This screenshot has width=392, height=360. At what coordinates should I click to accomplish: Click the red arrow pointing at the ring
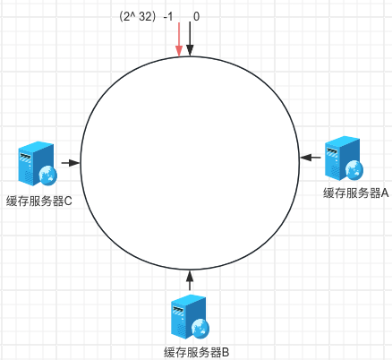[x=179, y=39]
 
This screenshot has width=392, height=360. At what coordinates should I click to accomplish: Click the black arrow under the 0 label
[x=190, y=39]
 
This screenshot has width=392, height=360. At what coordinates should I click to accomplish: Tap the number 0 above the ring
[x=196, y=17]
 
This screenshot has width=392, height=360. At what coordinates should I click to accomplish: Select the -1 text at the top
[x=168, y=17]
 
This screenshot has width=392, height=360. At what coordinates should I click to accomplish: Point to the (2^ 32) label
[x=138, y=17]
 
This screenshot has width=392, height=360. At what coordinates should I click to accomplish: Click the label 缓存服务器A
[x=356, y=193]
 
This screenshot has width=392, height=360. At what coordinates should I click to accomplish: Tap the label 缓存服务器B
[x=197, y=353]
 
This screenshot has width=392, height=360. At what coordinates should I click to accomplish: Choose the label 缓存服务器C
[x=39, y=201]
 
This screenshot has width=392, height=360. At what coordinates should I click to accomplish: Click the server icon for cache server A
[x=344, y=159]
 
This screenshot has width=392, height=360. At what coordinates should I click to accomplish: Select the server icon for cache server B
[x=190, y=317]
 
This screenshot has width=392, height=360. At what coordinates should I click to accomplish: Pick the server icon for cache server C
[x=38, y=163]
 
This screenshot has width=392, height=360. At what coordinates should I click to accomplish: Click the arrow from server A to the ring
[x=311, y=158]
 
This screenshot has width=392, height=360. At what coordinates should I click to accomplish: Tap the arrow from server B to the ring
[x=190, y=280]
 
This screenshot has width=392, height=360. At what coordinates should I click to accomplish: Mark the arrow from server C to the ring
[x=71, y=163]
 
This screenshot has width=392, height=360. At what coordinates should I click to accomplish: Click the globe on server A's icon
[x=354, y=170]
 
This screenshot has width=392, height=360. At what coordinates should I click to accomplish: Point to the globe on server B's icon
[x=200, y=329]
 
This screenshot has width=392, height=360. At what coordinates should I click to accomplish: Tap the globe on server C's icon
[x=47, y=176]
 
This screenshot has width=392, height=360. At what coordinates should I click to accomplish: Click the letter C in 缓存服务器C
[x=68, y=201]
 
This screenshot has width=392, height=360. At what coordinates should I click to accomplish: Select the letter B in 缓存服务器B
[x=226, y=353]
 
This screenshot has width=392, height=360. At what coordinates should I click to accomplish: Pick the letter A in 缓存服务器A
[x=385, y=193]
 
